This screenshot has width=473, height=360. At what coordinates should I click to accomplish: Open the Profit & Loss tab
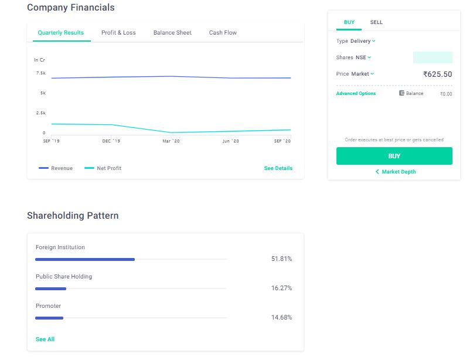[x=118, y=33]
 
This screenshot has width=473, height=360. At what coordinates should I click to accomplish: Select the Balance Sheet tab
[x=172, y=33]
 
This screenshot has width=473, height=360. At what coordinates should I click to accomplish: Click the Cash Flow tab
[x=223, y=33]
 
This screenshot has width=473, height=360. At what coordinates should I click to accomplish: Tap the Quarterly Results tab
[x=60, y=33]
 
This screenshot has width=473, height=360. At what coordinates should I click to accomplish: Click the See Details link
[x=278, y=168]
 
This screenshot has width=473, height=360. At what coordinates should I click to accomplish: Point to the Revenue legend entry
[x=56, y=168]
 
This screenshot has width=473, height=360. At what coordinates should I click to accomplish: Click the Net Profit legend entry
[x=103, y=168]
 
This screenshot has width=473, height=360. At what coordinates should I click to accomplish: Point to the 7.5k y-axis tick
[x=40, y=73]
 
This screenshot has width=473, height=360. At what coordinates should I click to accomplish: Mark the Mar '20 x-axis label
[x=171, y=141]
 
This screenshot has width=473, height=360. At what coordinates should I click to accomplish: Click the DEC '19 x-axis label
[x=111, y=141]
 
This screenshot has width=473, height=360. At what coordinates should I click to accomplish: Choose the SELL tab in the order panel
[x=376, y=22]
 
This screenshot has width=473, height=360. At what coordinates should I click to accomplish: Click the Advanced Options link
[x=356, y=94]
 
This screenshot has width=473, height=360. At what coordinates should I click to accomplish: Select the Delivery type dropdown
[x=363, y=41]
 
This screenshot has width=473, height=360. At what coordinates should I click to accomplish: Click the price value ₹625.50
[x=437, y=74]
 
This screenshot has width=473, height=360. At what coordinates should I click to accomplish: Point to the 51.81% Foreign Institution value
[x=281, y=259]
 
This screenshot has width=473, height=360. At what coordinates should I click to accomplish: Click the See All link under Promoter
[x=45, y=339]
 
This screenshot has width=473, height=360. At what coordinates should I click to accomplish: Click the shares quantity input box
[x=433, y=57]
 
